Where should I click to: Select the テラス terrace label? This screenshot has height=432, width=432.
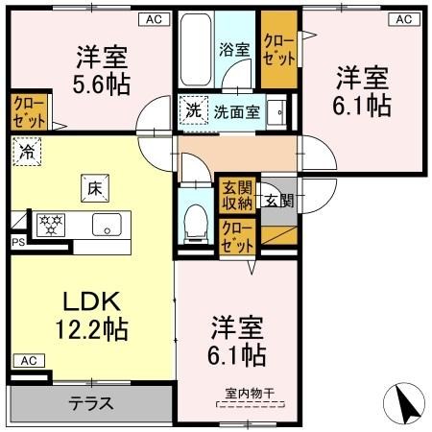[91, 403]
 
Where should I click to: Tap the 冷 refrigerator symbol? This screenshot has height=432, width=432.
[27, 151]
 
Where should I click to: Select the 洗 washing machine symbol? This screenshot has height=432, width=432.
[193, 110]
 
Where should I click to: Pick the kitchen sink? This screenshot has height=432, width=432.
[105, 225]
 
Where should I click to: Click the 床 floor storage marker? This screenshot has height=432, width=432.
[94, 188]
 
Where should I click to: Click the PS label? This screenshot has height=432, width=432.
[16, 243]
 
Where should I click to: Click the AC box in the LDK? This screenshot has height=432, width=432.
[26, 360]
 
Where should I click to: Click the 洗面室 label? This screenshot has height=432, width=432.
[236, 110]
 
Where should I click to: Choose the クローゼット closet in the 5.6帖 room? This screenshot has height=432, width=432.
[27, 111]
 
